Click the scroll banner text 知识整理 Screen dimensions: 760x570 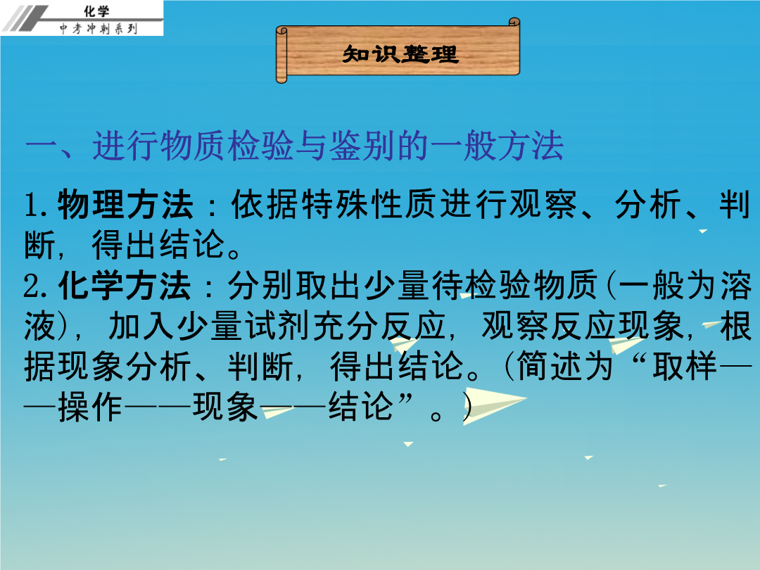400,53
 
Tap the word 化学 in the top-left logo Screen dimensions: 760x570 96,11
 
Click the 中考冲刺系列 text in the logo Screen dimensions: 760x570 99,29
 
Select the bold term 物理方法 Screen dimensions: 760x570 126,205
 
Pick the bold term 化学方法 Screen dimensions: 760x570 124,286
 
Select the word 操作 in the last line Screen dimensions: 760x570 90,407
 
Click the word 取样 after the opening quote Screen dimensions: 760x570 685,366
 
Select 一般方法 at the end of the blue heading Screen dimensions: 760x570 496,146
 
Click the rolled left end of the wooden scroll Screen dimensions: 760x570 281,55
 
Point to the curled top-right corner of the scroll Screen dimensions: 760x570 514,22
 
